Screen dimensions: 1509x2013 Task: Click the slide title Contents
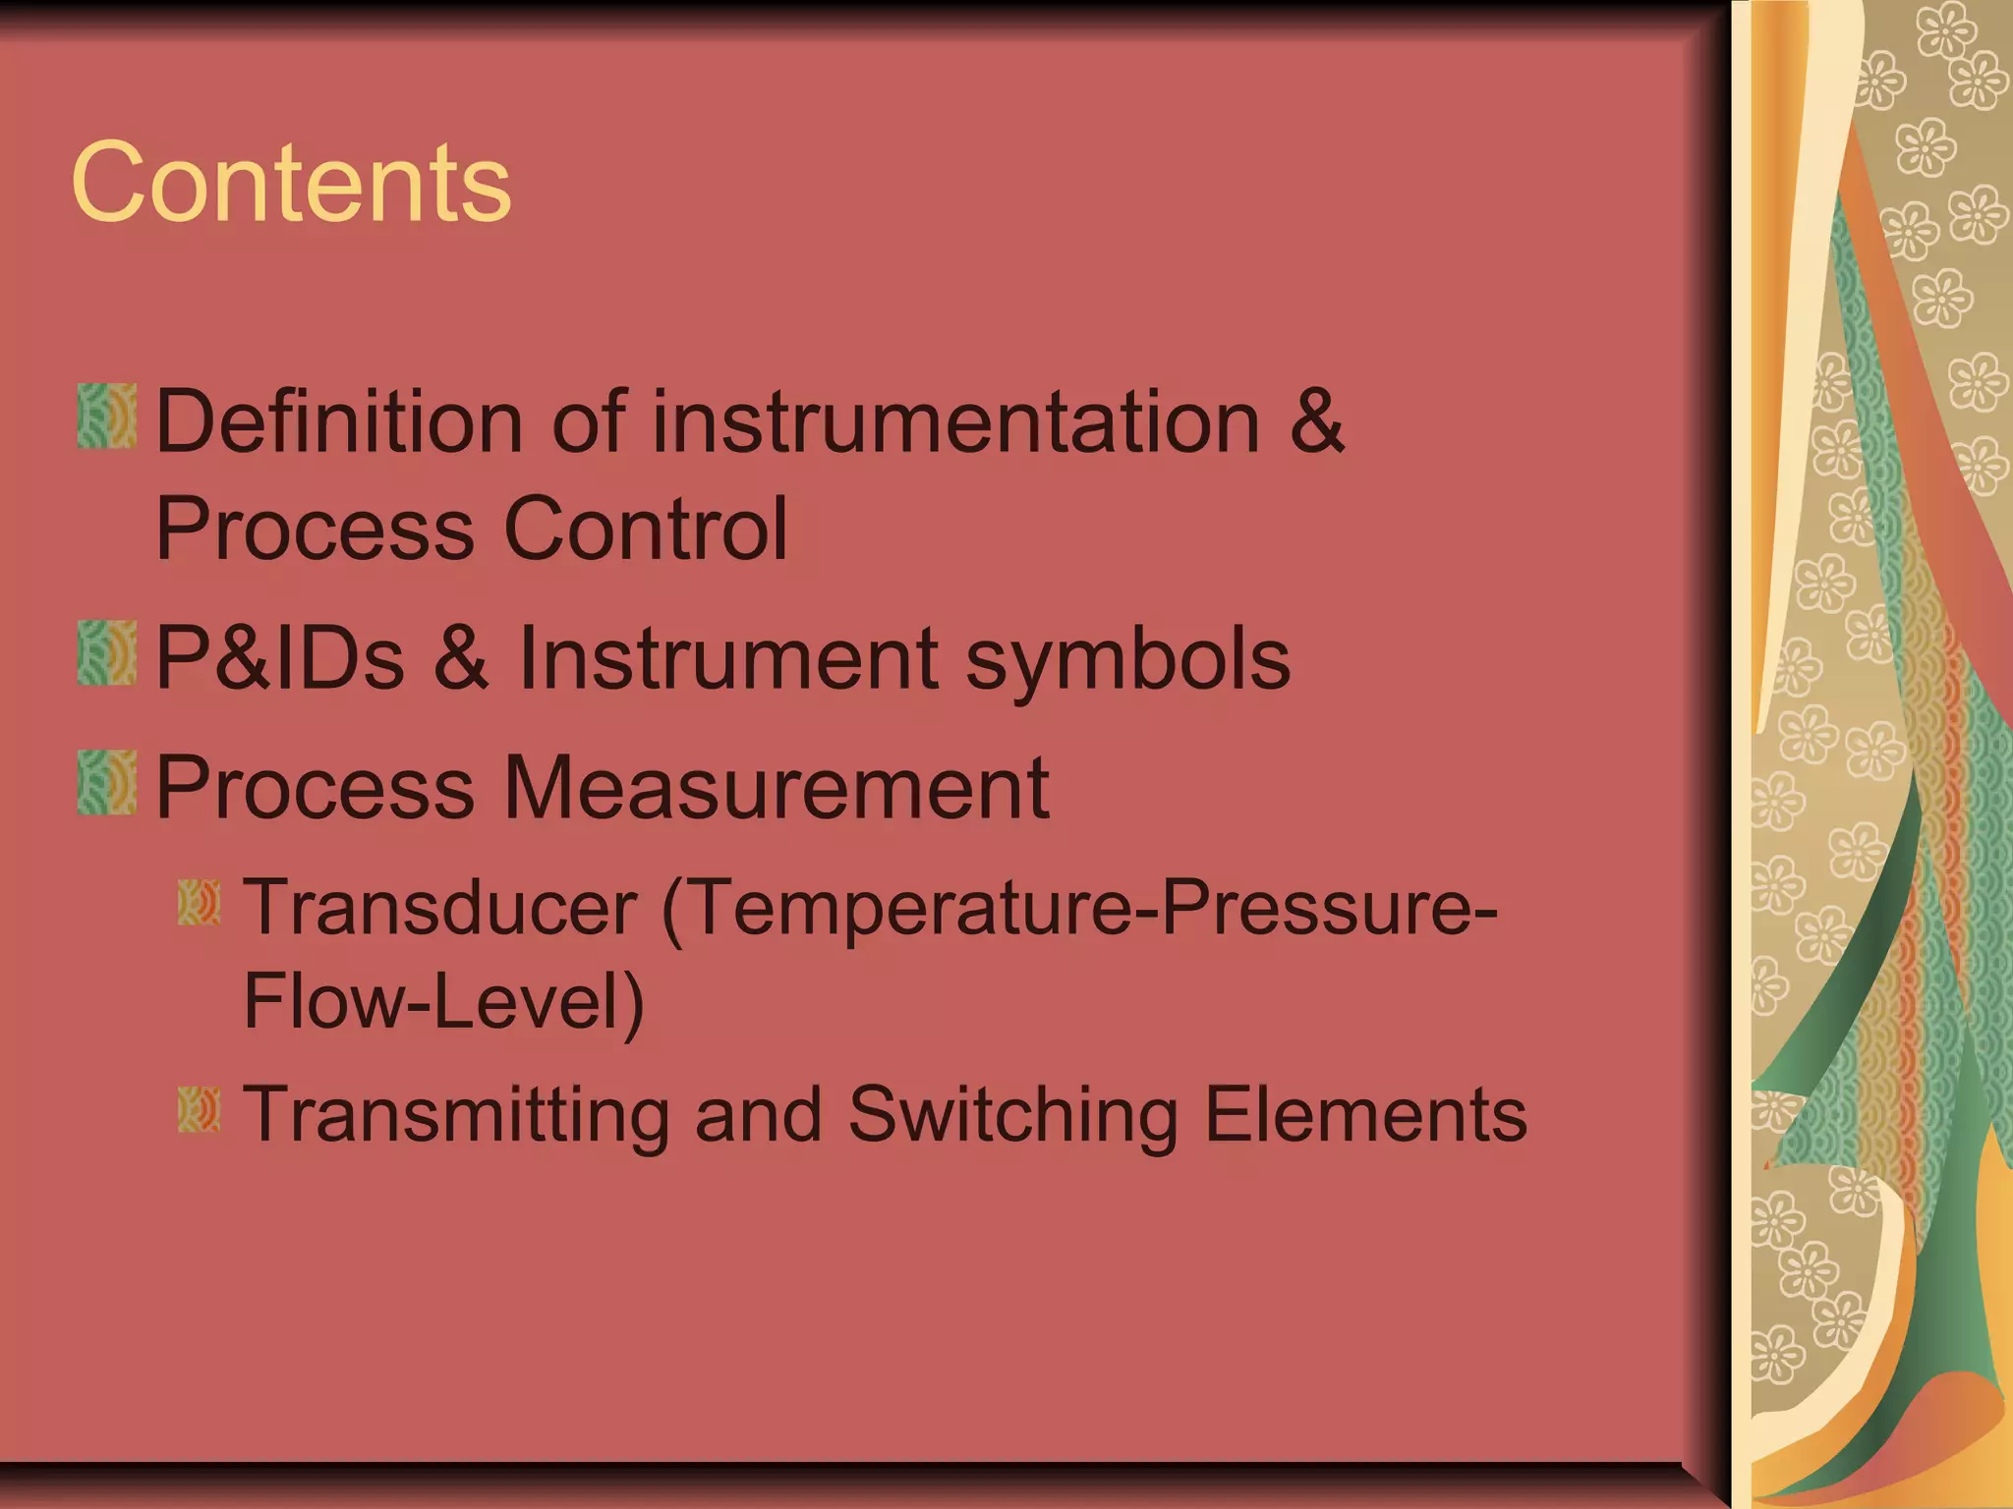click(291, 183)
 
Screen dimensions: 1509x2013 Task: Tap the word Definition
click(340, 421)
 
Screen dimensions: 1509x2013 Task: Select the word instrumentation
click(955, 421)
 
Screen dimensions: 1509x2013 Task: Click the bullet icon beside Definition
click(107, 417)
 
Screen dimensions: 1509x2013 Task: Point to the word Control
click(645, 529)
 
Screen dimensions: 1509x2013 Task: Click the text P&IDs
click(280, 658)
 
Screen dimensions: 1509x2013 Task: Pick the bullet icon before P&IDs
click(107, 652)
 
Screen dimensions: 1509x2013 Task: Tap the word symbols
click(1127, 658)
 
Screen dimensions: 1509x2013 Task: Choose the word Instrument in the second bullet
click(728, 658)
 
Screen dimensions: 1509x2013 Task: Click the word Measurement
click(776, 787)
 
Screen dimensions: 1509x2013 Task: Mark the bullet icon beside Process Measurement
click(107, 782)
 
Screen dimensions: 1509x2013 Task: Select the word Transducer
click(440, 907)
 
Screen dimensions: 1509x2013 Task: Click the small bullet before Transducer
click(200, 903)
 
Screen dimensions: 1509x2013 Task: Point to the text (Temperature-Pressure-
click(1079, 907)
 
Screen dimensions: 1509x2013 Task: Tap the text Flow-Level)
click(443, 1001)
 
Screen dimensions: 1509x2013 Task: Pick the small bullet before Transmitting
click(200, 1110)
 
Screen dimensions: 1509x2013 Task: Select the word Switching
click(1012, 1115)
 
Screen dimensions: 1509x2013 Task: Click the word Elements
click(1365, 1115)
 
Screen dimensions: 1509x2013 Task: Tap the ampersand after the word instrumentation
click(1316, 421)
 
